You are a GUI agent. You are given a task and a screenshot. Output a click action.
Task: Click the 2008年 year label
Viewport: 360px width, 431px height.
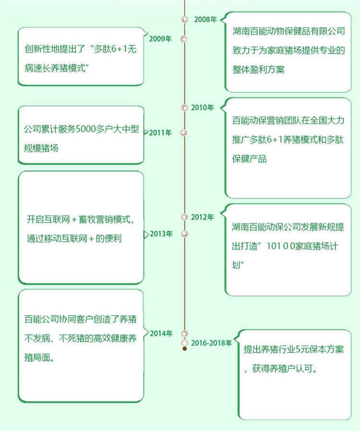(205, 20)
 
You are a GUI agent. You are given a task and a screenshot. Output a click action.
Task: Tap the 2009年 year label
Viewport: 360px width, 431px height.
(160, 39)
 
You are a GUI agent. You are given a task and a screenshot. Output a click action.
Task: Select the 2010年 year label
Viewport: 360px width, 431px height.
(202, 108)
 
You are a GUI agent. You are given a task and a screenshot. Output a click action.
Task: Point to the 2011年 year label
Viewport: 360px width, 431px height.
(160, 132)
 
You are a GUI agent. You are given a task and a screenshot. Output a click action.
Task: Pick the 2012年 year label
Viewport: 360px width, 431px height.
(202, 217)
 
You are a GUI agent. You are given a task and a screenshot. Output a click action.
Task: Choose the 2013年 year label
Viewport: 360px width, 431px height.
(161, 234)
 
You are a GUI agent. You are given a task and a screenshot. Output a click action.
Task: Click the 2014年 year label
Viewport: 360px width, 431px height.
(161, 333)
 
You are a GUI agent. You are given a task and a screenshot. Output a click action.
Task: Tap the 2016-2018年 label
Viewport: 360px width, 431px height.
(211, 343)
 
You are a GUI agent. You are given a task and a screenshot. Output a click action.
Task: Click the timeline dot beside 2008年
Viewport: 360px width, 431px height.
(184, 20)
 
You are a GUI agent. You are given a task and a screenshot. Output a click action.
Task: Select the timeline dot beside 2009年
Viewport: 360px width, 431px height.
(183, 39)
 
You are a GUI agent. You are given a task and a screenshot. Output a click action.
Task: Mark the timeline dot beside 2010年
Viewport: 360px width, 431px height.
(184, 108)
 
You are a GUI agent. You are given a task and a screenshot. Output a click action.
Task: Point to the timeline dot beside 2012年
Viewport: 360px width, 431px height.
(184, 217)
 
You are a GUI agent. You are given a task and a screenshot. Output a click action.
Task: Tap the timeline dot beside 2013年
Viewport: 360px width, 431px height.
(183, 234)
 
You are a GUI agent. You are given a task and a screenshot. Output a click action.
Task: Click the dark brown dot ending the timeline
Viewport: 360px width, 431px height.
(184, 348)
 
